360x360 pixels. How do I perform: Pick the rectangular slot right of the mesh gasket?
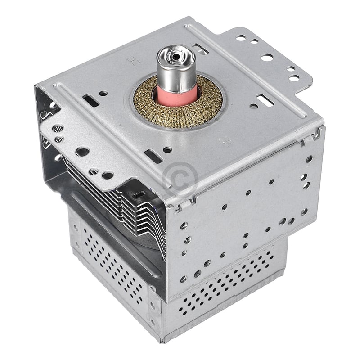(x=262, y=98)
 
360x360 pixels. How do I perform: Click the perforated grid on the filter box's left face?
(x=112, y=265)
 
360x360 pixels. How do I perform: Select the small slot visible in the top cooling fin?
(x=141, y=194)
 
